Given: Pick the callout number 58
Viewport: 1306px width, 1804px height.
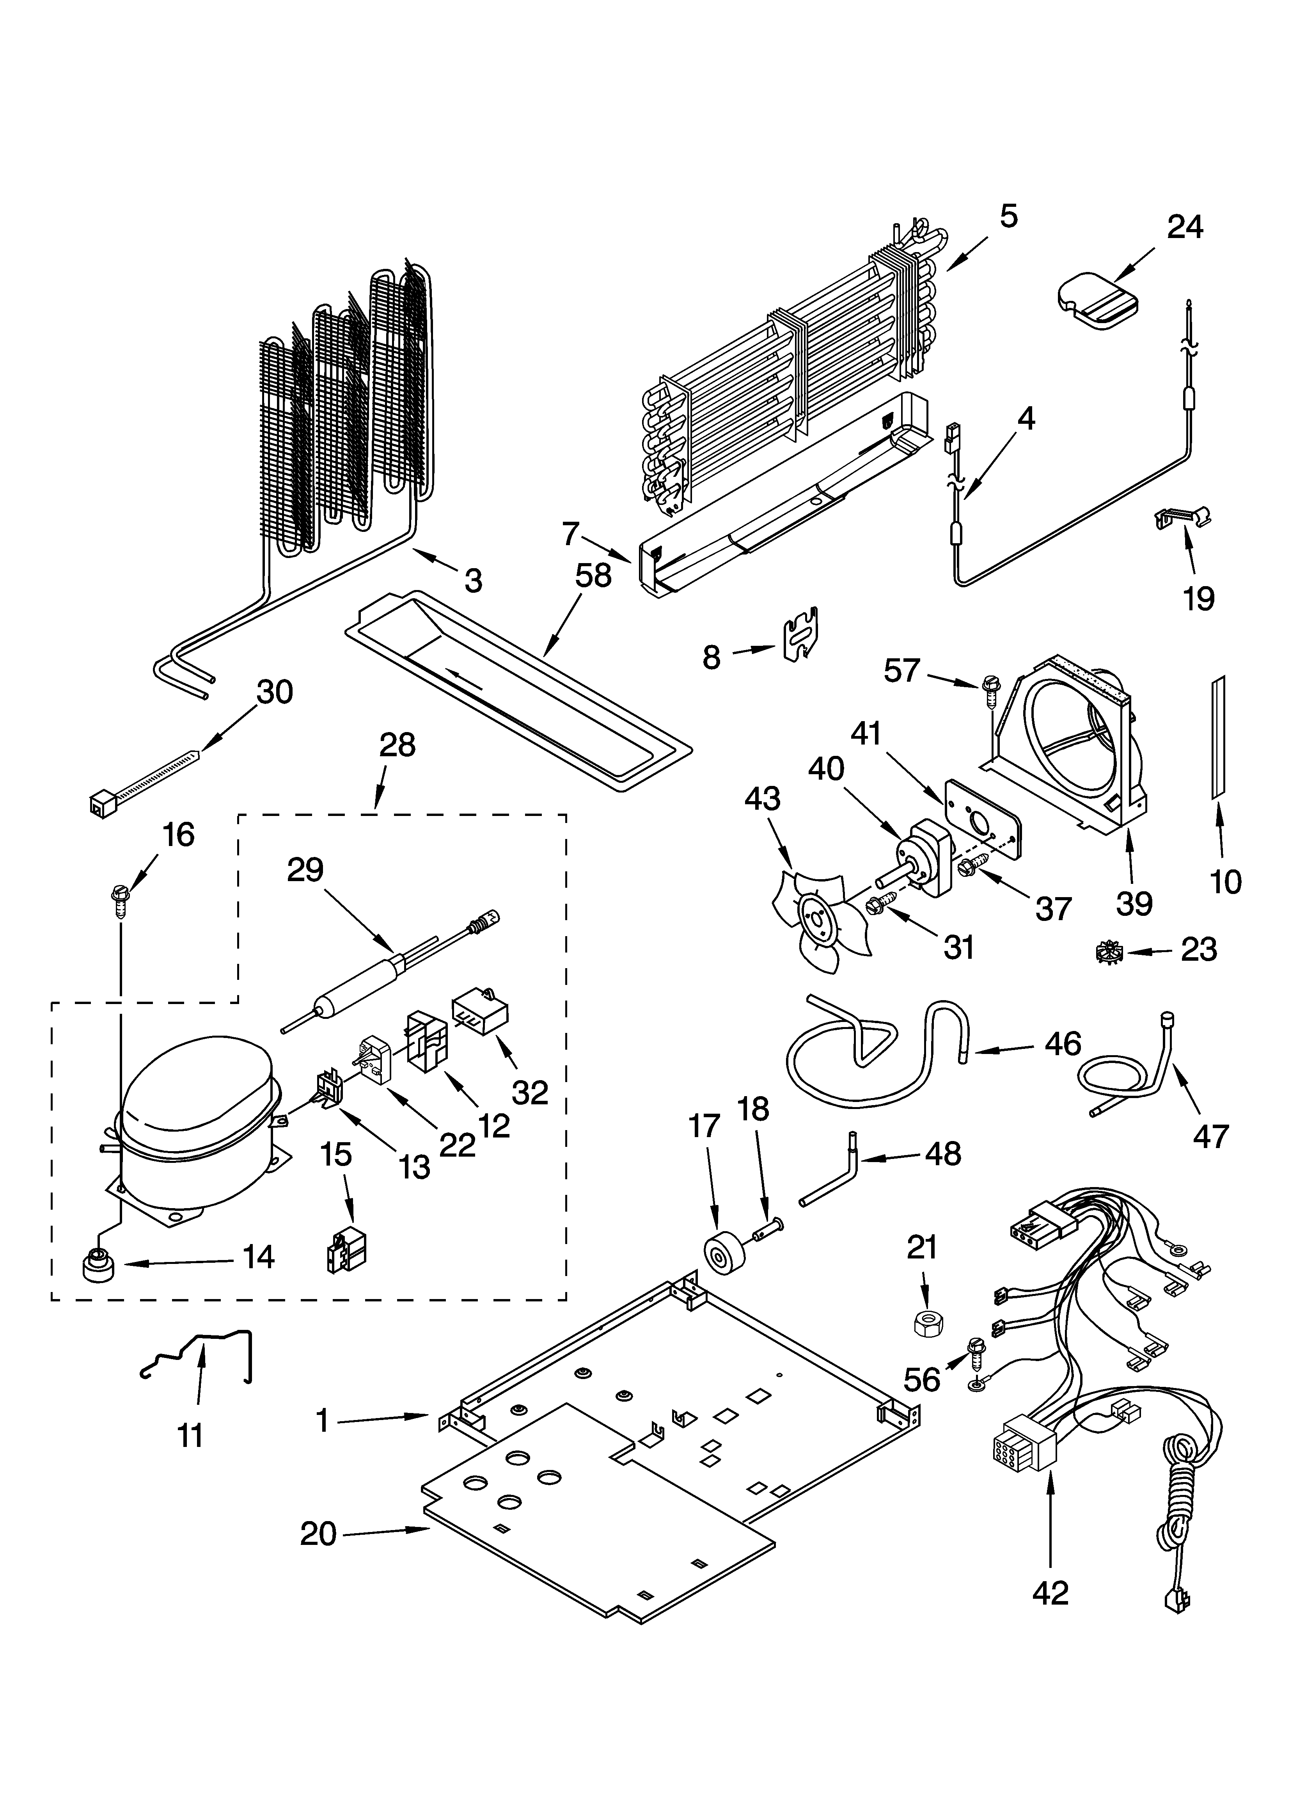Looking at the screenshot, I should point(593,576).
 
